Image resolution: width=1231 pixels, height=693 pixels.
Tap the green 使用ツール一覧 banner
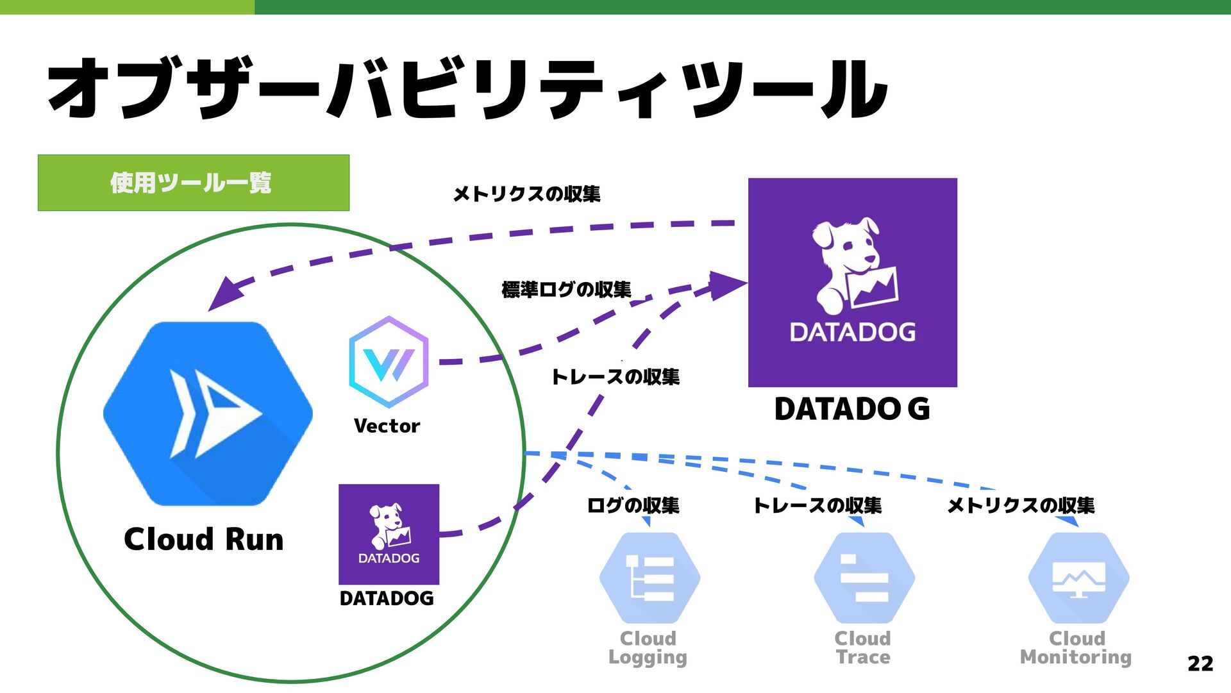pos(193,183)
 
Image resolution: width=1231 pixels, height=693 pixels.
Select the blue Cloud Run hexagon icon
pos(208,413)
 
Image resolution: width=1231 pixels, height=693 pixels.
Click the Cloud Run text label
pos(203,539)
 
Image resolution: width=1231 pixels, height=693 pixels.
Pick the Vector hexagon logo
pos(389,362)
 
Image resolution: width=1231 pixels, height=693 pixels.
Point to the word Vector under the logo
pos(387,426)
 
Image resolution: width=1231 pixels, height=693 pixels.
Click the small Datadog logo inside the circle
pos(389,533)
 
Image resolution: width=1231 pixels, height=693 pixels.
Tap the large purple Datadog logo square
pos(852,282)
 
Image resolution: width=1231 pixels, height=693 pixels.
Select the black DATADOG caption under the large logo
pos(851,409)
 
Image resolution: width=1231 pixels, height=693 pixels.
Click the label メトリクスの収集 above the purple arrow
pos(526,194)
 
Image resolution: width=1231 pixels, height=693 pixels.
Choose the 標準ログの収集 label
pos(566,290)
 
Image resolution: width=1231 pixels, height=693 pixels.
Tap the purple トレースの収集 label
pos(615,376)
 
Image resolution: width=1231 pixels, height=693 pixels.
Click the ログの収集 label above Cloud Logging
pos(633,505)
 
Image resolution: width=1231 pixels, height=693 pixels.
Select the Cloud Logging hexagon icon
pos(649,578)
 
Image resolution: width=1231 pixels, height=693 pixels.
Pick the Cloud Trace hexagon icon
pos(864,578)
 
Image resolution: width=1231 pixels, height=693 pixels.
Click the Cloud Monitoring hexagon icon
pos(1078,578)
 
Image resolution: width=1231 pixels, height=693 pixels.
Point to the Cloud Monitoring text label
pos(1076,647)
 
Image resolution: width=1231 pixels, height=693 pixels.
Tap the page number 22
pos(1200,663)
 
